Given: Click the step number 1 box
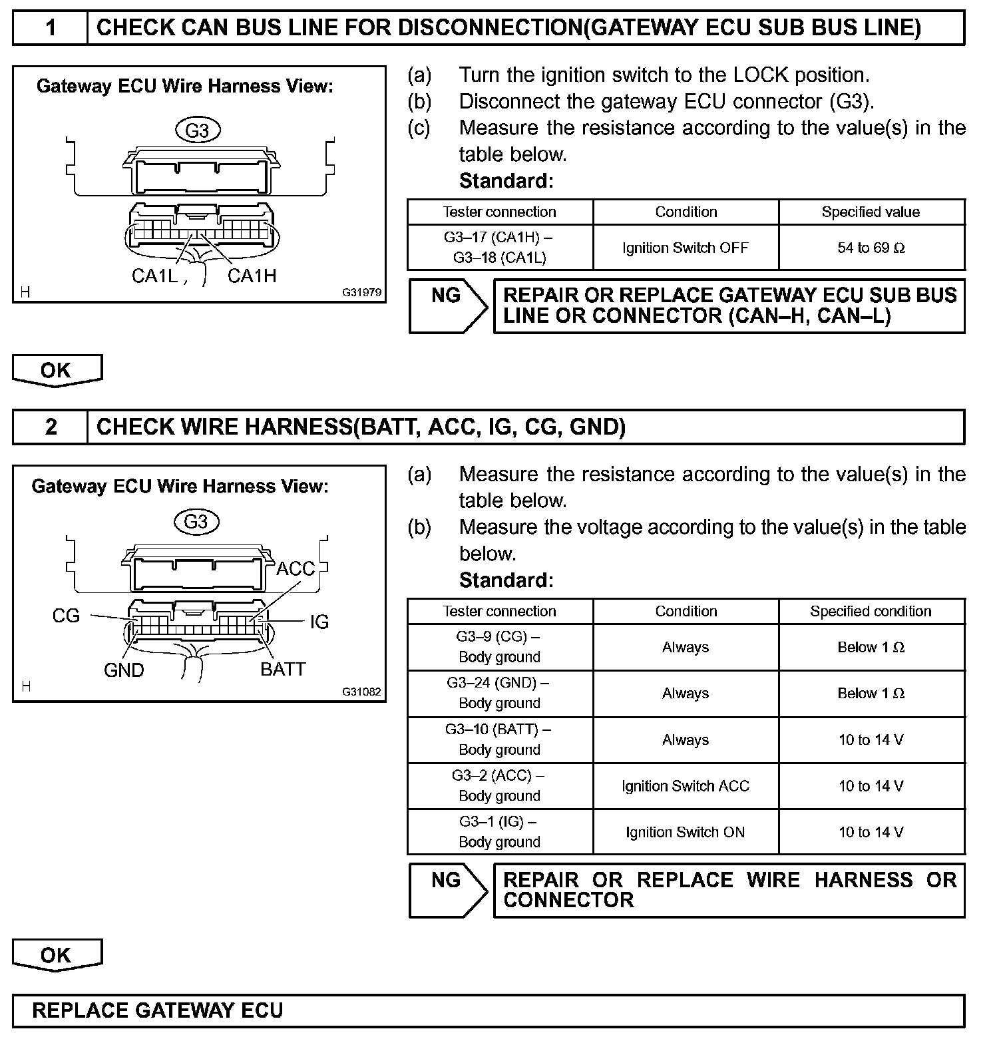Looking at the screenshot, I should [x=51, y=28].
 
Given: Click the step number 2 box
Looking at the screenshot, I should [x=51, y=427].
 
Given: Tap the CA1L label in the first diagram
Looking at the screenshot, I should [x=154, y=276].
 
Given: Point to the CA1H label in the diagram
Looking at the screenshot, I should [x=252, y=276].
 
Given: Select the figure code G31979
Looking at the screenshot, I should [x=362, y=292].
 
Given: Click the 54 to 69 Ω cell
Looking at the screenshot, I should [x=871, y=248].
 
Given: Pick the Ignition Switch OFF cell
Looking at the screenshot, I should [x=686, y=248].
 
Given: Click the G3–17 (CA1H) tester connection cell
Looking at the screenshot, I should [x=499, y=248].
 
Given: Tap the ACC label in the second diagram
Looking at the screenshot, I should [x=296, y=569].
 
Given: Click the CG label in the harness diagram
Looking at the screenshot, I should [x=66, y=616].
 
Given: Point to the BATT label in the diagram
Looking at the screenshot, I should [x=283, y=669].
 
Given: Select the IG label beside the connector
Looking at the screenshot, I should [x=319, y=622].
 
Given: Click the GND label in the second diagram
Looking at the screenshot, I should [x=124, y=670].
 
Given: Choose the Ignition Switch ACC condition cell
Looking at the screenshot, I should [x=686, y=786].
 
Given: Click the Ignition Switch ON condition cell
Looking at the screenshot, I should [x=686, y=832].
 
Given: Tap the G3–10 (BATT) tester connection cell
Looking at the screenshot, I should [x=499, y=739].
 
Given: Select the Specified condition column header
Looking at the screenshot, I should [x=871, y=611].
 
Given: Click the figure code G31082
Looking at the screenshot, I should [x=362, y=692].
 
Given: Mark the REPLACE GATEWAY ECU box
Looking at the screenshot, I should [x=489, y=1010].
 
